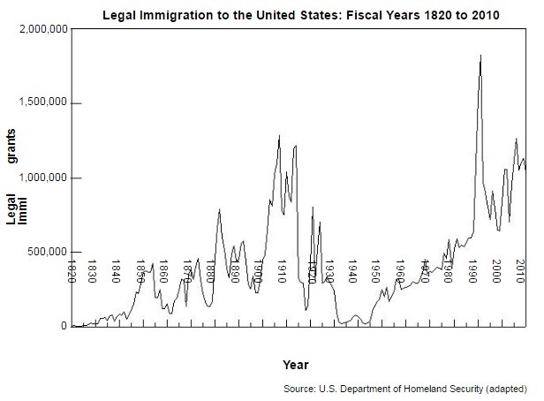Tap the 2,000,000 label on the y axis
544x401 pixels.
pos(42,30)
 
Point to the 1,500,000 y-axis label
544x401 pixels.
pos(42,104)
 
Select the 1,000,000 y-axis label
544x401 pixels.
pos(42,178)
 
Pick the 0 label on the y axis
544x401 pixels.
pos(63,327)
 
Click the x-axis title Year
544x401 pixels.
pos(295,364)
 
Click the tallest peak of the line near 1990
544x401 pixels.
pos(480,56)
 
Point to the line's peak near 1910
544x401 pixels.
pos(279,136)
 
